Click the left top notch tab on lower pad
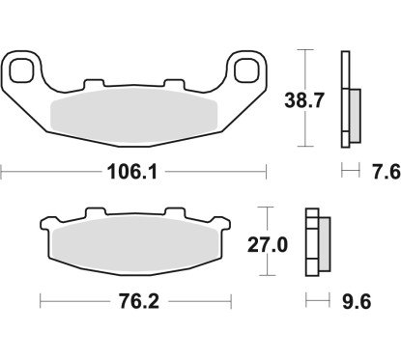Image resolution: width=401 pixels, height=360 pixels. (92, 211)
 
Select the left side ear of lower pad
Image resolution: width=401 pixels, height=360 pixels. (44, 229)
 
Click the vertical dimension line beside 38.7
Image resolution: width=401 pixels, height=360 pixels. (305, 97)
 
